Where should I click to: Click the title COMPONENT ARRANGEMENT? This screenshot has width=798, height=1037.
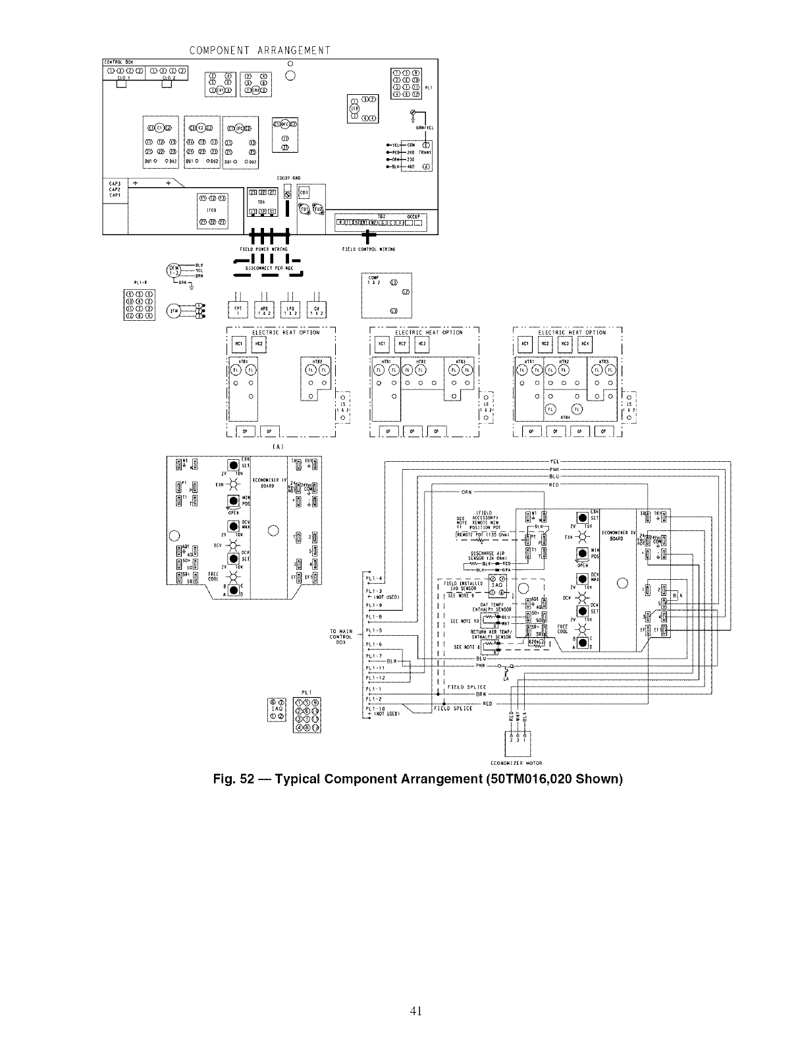point(259,50)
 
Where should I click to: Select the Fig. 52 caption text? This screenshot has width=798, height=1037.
point(417,779)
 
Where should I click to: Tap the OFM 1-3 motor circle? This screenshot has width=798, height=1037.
point(174,270)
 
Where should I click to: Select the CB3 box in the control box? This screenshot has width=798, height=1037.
point(304,192)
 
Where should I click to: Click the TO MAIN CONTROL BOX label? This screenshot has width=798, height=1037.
point(340,636)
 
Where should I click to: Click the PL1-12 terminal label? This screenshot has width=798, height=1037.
point(375,677)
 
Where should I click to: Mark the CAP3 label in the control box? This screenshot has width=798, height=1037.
point(114,184)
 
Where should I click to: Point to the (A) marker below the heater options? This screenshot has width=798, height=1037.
point(279,446)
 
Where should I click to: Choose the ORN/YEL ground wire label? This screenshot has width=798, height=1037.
point(423,128)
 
